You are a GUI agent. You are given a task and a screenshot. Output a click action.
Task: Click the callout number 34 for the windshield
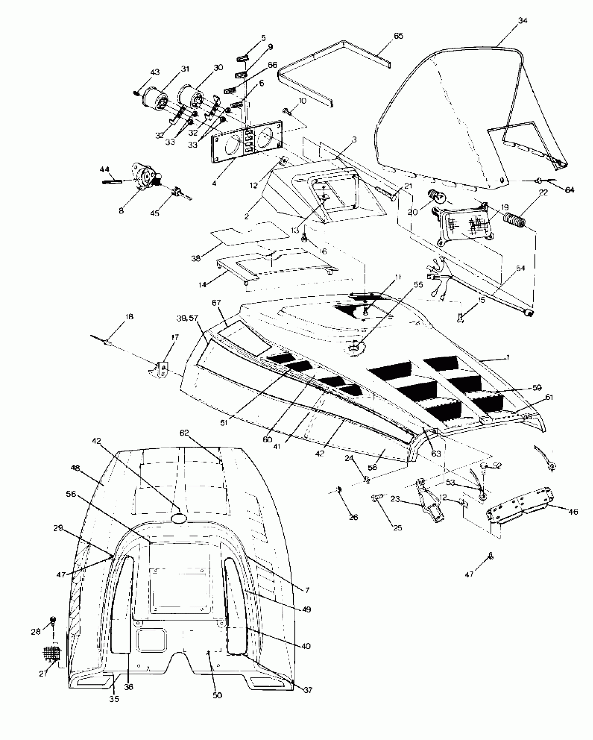tap(522, 21)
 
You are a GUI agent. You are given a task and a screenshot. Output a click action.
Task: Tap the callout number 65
tap(398, 36)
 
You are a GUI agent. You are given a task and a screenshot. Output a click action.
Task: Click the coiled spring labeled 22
tap(515, 219)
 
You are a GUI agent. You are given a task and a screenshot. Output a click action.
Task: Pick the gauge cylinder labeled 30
tap(191, 96)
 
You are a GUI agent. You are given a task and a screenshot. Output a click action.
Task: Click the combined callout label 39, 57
tap(187, 318)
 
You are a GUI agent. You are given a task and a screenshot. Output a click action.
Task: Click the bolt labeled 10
tap(288, 112)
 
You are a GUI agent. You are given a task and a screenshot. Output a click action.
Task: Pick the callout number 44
tap(104, 169)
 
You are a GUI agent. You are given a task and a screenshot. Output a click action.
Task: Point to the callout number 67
tap(216, 302)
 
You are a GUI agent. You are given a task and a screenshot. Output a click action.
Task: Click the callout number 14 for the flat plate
tap(202, 285)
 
